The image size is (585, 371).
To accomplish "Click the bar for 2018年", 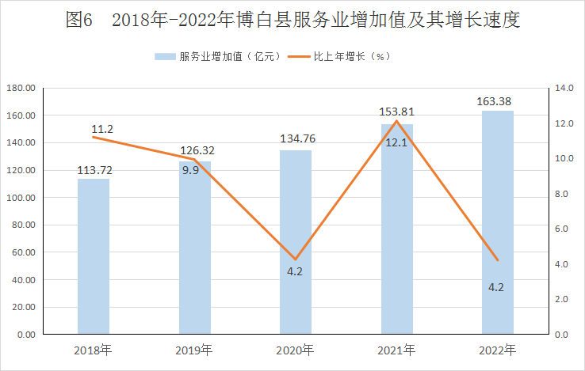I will (x=94, y=256).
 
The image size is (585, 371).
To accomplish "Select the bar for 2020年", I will (x=296, y=241).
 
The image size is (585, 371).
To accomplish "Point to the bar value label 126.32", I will (x=196, y=150).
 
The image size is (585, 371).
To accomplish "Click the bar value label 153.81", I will (x=396, y=112).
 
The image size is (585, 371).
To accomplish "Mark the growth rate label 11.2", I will (x=102, y=129).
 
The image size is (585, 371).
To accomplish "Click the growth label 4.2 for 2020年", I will (x=295, y=271).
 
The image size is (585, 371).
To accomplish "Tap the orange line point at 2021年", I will (x=396, y=121).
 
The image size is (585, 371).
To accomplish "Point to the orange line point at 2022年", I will (x=498, y=259).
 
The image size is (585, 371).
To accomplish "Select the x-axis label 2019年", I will (x=194, y=350).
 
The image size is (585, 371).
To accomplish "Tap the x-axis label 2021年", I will (x=396, y=350).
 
